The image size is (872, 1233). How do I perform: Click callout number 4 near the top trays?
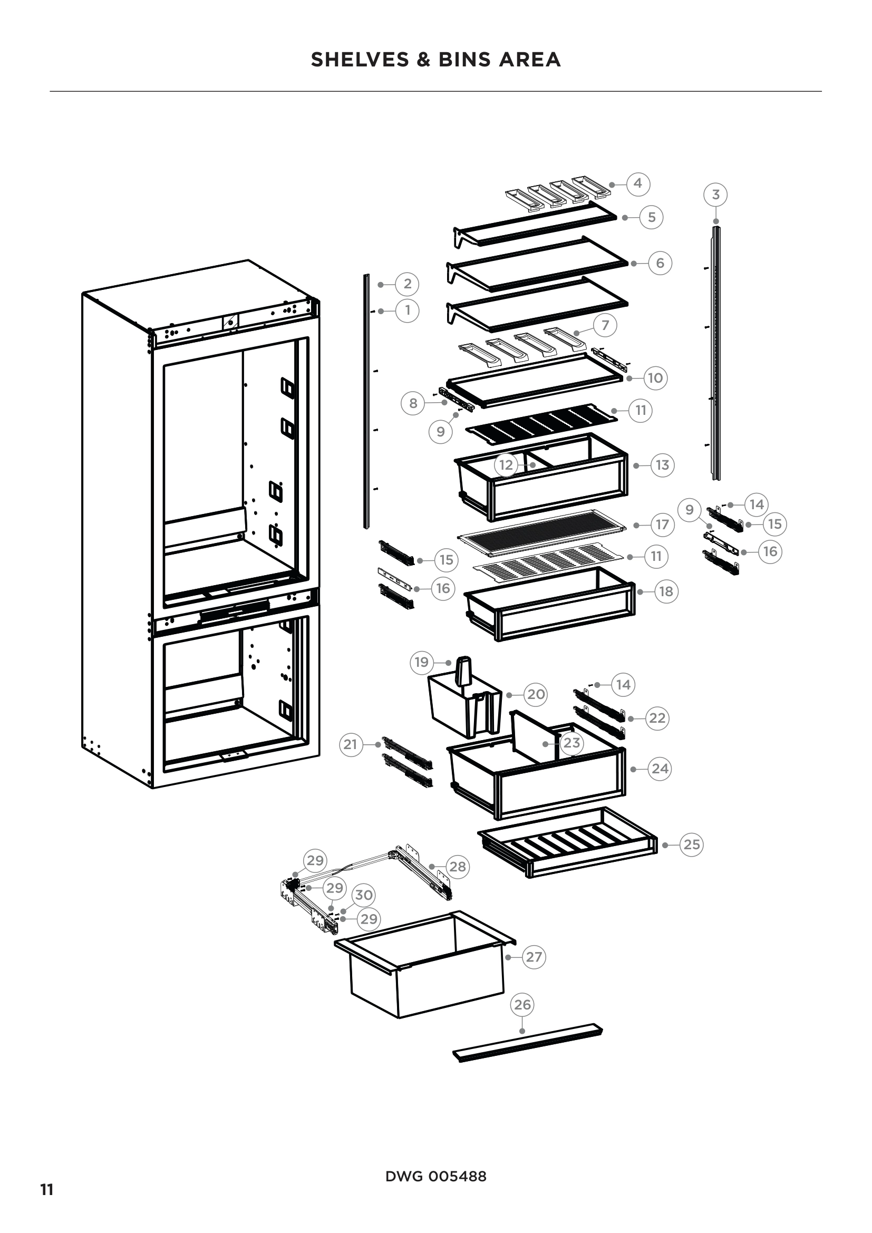(x=637, y=183)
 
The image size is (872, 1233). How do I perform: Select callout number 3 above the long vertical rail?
(x=715, y=195)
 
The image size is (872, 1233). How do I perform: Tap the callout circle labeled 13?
(x=662, y=465)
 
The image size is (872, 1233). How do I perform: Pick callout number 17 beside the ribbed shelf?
(x=662, y=525)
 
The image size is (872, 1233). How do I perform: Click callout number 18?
(x=665, y=591)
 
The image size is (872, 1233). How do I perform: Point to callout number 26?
(x=522, y=1005)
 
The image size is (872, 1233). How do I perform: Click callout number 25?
(x=691, y=844)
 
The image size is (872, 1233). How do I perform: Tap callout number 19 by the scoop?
(x=422, y=662)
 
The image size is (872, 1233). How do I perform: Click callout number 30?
(x=364, y=895)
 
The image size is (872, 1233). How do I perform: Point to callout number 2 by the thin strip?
(x=407, y=284)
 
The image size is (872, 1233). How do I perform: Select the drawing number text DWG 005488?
(x=435, y=1177)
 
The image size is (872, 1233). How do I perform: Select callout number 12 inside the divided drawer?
(x=506, y=464)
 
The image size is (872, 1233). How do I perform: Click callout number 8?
(x=413, y=403)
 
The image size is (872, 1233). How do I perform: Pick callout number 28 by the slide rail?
(x=457, y=866)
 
